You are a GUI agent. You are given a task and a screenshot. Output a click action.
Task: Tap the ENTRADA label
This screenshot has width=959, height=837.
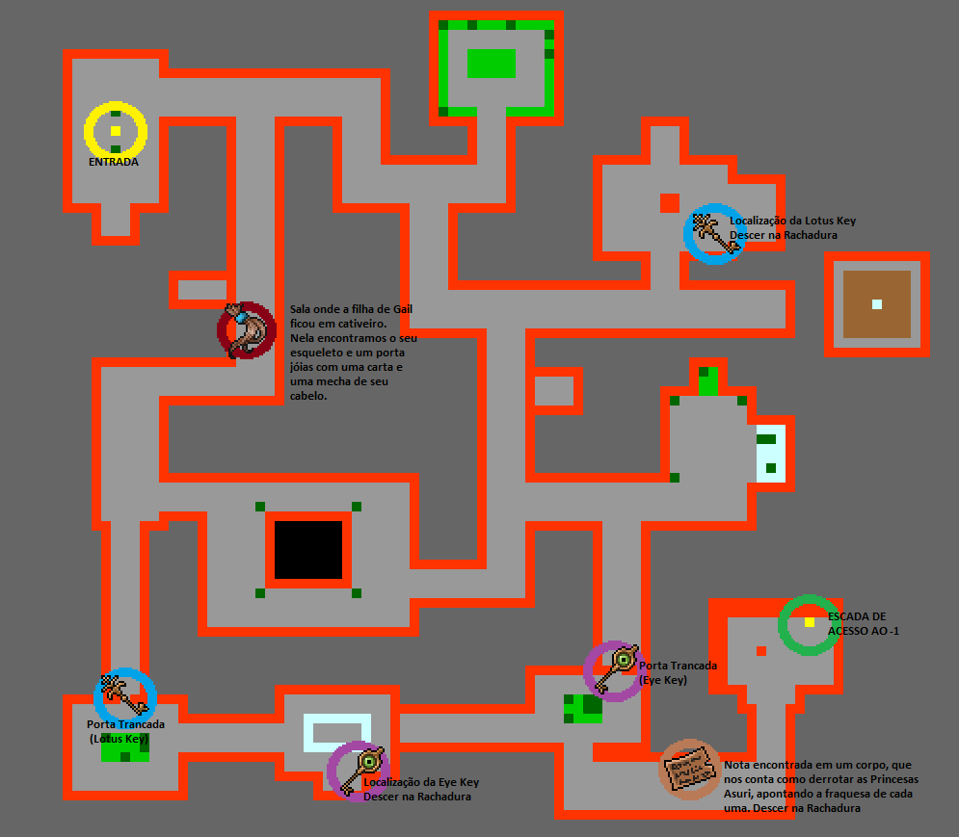click(114, 163)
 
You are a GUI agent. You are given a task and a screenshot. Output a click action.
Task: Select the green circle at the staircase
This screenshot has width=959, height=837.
click(809, 624)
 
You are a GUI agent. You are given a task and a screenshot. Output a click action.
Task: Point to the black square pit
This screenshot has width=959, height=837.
click(308, 549)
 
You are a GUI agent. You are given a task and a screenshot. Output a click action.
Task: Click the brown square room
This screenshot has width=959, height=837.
click(877, 304)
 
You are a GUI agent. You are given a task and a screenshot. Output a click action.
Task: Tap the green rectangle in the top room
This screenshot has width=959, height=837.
click(492, 64)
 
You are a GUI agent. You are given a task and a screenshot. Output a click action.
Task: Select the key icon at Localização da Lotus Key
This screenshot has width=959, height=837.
click(714, 233)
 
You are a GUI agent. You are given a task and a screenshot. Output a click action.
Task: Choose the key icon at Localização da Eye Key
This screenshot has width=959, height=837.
click(360, 770)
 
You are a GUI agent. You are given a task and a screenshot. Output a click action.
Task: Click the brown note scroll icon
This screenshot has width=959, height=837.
click(690, 769)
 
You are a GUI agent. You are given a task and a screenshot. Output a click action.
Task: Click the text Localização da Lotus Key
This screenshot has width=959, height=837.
click(792, 221)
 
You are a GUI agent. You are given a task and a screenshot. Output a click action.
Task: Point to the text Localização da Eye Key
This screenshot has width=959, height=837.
click(421, 782)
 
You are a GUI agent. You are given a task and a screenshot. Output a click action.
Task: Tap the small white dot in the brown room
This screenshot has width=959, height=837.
click(877, 304)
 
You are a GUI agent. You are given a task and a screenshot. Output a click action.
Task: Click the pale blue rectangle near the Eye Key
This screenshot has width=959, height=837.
click(337, 732)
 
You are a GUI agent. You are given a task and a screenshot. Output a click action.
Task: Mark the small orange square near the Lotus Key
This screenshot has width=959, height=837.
click(669, 202)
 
